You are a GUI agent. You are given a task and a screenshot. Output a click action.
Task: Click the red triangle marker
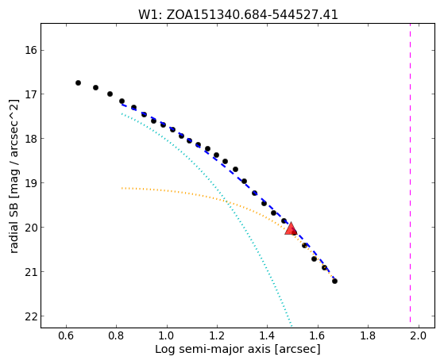[291, 228]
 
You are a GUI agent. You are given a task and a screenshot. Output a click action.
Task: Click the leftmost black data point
[78, 82]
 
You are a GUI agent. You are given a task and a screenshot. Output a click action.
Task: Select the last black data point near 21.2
[334, 282]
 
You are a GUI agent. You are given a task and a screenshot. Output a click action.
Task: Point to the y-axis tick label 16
[31, 51]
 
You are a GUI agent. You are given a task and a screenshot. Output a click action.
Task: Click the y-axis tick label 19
[31, 183]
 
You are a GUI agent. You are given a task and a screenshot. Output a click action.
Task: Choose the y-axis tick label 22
[31, 316]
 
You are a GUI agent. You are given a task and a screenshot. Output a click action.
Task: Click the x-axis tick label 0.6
[66, 335]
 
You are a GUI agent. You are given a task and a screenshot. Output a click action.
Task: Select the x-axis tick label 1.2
[217, 335]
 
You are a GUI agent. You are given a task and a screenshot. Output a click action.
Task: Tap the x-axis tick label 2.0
[419, 335]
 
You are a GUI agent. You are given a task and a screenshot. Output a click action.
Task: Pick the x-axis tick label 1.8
[368, 335]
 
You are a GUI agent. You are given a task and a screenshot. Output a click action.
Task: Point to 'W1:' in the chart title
[150, 15]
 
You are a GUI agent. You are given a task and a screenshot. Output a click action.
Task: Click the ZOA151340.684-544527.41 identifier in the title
[253, 15]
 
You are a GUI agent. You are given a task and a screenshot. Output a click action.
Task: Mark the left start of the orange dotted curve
[122, 188]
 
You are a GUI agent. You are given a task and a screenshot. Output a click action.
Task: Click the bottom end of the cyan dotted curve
[291, 324]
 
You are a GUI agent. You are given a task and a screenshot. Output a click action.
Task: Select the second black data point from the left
[95, 88]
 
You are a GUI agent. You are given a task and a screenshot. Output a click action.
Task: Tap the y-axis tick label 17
[31, 94]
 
